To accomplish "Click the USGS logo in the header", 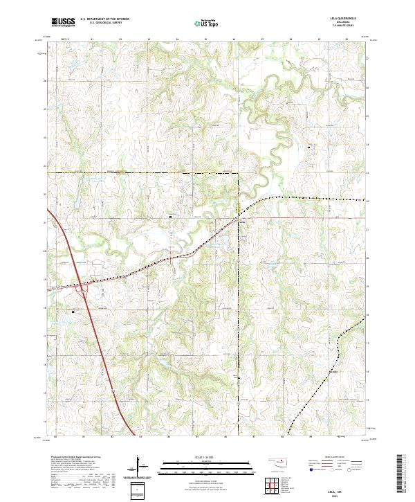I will pyautogui.click(x=63, y=22).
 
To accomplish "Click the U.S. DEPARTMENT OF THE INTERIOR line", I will pyautogui.click(x=104, y=19).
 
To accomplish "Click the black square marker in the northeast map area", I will pyautogui.click(x=309, y=147).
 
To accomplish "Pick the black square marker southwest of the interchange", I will pyautogui.click(x=73, y=312).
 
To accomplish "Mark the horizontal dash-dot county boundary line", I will pyautogui.click(x=138, y=172).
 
